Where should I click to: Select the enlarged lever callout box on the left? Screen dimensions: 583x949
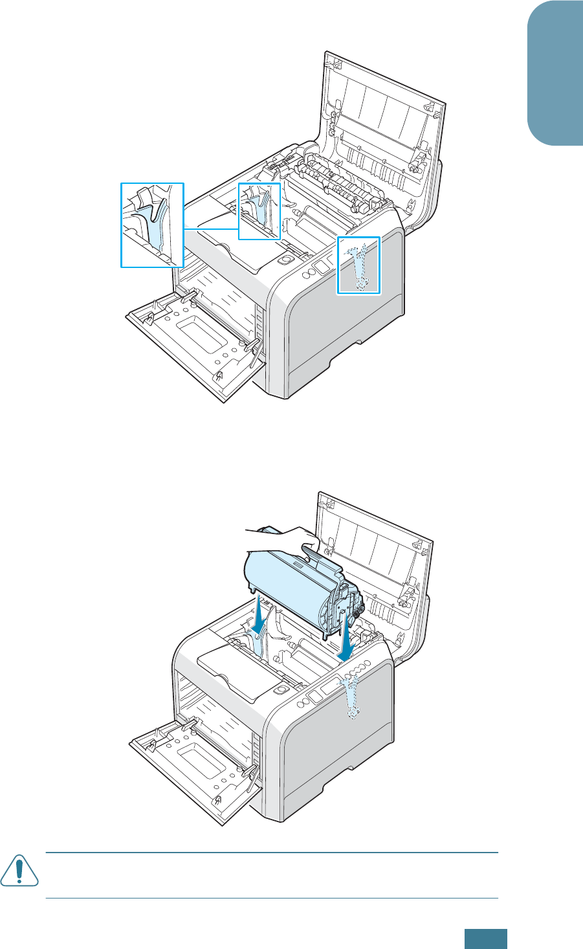(153, 225)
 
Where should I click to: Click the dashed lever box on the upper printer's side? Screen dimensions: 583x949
(359, 265)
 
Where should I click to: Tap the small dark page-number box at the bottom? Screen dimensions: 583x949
(485, 939)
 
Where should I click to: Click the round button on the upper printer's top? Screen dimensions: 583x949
(283, 258)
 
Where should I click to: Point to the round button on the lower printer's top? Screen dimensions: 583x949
(279, 691)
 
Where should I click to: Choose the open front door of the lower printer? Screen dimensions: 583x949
(194, 770)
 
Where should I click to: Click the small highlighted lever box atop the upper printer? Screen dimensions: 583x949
(259, 211)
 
